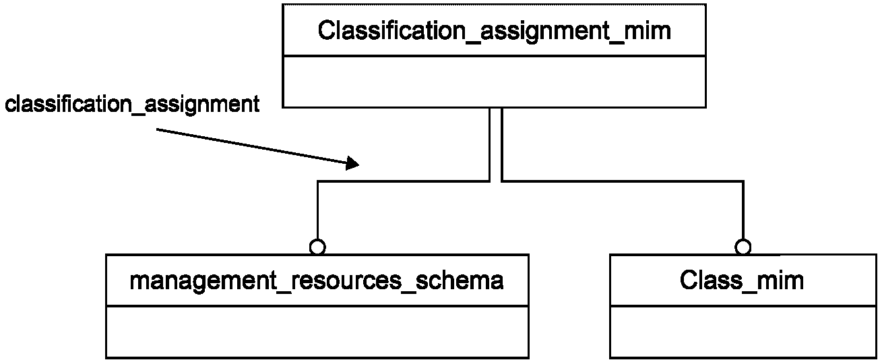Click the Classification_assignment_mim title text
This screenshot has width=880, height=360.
[x=494, y=31]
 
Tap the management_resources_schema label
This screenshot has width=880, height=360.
[x=317, y=281]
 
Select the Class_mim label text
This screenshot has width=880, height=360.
[x=742, y=280]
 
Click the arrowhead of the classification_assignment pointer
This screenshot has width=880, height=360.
[x=352, y=163]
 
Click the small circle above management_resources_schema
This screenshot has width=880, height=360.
[x=317, y=247]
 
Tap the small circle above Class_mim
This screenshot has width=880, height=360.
[x=743, y=247]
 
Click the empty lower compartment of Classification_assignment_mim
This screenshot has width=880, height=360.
[x=494, y=82]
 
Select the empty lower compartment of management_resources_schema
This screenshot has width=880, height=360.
[x=317, y=332]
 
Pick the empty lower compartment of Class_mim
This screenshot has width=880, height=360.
[x=743, y=332]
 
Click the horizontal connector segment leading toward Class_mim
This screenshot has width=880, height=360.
[x=623, y=181]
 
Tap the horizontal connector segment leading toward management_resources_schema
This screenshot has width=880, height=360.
[x=403, y=181]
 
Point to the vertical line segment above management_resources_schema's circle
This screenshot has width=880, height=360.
[x=317, y=210]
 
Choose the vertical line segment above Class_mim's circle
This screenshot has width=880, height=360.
[x=743, y=210]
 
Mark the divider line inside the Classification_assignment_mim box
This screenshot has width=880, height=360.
[x=494, y=56]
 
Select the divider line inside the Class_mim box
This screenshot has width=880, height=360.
[x=743, y=305]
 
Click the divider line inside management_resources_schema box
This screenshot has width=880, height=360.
[x=317, y=305]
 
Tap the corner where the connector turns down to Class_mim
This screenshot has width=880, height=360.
[x=743, y=181]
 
